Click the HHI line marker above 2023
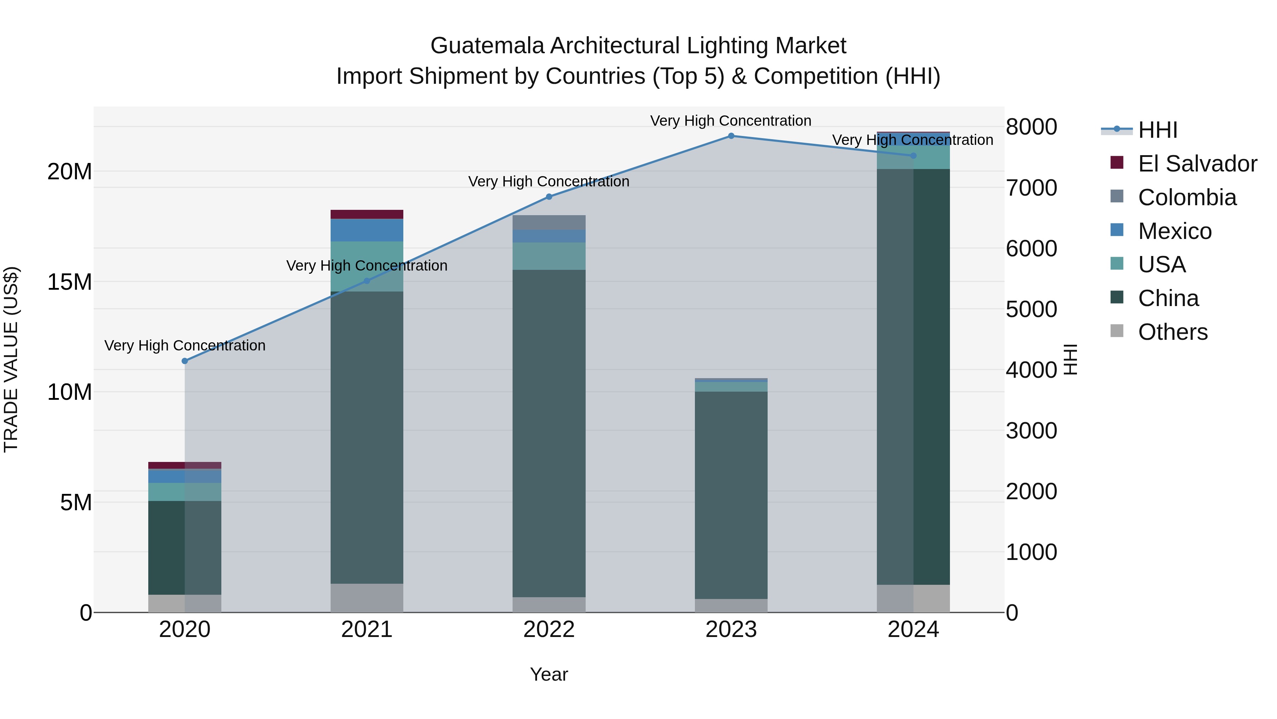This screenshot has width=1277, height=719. pyautogui.click(x=731, y=136)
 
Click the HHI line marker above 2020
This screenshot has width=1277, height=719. pyautogui.click(x=185, y=361)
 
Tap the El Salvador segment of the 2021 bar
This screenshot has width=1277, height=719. pyautogui.click(x=367, y=214)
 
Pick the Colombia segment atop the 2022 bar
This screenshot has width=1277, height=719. pyautogui.click(x=549, y=222)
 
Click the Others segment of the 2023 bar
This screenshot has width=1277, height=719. pyautogui.click(x=731, y=605)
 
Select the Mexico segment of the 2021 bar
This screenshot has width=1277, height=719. pyautogui.click(x=367, y=230)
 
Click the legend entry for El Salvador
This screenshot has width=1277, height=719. pyautogui.click(x=1197, y=164)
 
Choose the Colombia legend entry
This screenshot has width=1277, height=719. pyautogui.click(x=1187, y=197)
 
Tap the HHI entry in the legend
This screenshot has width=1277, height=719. pyautogui.click(x=1157, y=130)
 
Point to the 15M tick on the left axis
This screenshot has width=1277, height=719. pyautogui.click(x=70, y=282)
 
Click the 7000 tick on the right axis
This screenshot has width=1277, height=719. pyautogui.click(x=1031, y=188)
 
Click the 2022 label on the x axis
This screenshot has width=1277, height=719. pyautogui.click(x=549, y=630)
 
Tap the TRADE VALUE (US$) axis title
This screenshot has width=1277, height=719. pyautogui.click(x=11, y=359)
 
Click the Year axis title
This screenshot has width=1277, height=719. pyautogui.click(x=549, y=674)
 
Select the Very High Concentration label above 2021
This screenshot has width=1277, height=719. pyautogui.click(x=367, y=266)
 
